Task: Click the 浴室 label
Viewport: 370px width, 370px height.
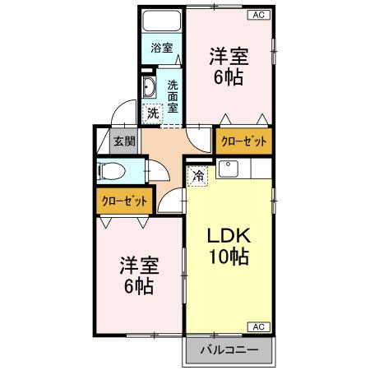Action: pos(161,48)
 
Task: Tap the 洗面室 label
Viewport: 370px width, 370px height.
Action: pos(173,95)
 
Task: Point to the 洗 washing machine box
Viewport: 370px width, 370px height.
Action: pos(152,113)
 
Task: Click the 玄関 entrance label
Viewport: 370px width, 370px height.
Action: pos(125,141)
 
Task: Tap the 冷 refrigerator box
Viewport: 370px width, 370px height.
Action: pos(198,175)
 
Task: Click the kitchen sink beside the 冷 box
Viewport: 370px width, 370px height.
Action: pos(228,171)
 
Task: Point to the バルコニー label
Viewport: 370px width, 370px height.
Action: pos(230,350)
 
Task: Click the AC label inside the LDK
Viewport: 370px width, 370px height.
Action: pos(257,326)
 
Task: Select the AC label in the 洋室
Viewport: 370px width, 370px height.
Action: pos(257,15)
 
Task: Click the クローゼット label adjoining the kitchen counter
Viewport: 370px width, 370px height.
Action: pos(244,141)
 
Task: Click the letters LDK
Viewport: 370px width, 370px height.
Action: pos(228,234)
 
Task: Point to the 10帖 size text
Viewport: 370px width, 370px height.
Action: pos(228,256)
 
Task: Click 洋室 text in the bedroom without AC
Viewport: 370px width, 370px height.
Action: pos(138,266)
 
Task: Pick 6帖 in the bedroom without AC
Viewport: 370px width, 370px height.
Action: pos(138,287)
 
